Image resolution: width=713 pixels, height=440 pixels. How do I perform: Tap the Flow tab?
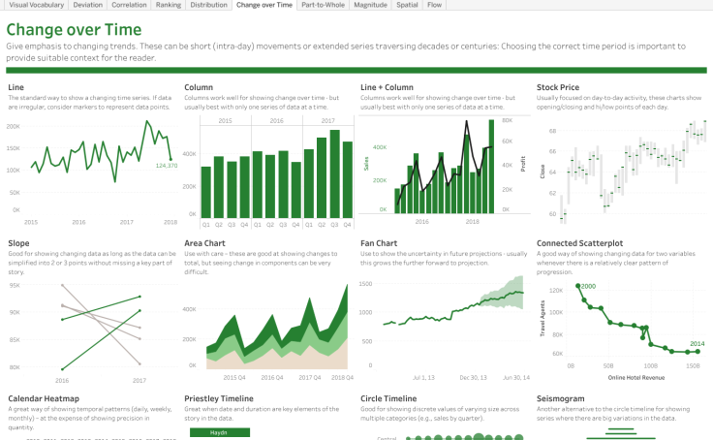(x=435, y=5)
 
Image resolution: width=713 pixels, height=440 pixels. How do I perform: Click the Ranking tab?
(x=168, y=5)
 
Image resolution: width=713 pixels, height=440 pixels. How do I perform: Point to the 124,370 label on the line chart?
(x=166, y=166)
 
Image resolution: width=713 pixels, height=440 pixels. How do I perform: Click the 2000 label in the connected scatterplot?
(x=588, y=286)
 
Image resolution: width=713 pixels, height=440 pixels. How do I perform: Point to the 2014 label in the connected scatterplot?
(x=697, y=344)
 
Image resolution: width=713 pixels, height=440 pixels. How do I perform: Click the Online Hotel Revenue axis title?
(x=630, y=377)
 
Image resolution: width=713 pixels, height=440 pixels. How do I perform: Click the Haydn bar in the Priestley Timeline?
(x=219, y=432)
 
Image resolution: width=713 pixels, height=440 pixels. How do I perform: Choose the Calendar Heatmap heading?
(x=44, y=398)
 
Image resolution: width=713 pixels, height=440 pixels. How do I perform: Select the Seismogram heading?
(x=564, y=398)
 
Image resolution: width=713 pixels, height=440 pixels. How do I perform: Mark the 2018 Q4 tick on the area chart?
(x=342, y=376)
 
